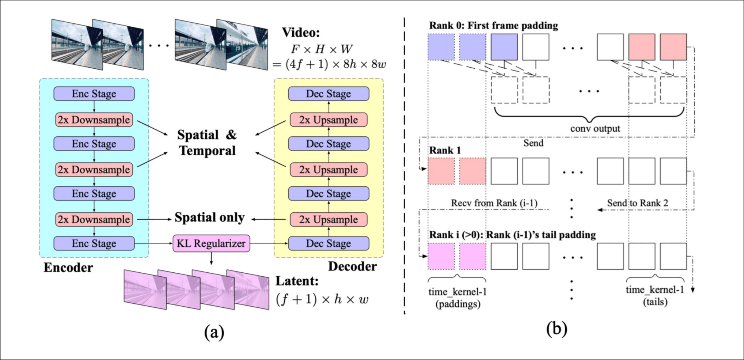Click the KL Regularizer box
[x=211, y=243]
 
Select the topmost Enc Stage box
[x=94, y=94]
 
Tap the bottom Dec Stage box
[x=329, y=243]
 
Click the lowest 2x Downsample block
[x=94, y=219]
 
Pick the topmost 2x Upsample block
[x=329, y=120]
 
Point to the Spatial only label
[x=209, y=217]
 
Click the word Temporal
[x=207, y=151]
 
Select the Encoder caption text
[x=68, y=268]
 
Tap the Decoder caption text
[x=352, y=266]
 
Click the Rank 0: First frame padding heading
[x=493, y=26]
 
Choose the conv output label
[x=595, y=129]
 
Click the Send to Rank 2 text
[x=637, y=203]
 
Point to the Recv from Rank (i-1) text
[x=494, y=203]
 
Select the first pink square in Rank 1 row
[x=441, y=171]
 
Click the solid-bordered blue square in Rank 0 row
[x=504, y=47]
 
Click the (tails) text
[x=655, y=302]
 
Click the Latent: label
[x=297, y=281]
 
